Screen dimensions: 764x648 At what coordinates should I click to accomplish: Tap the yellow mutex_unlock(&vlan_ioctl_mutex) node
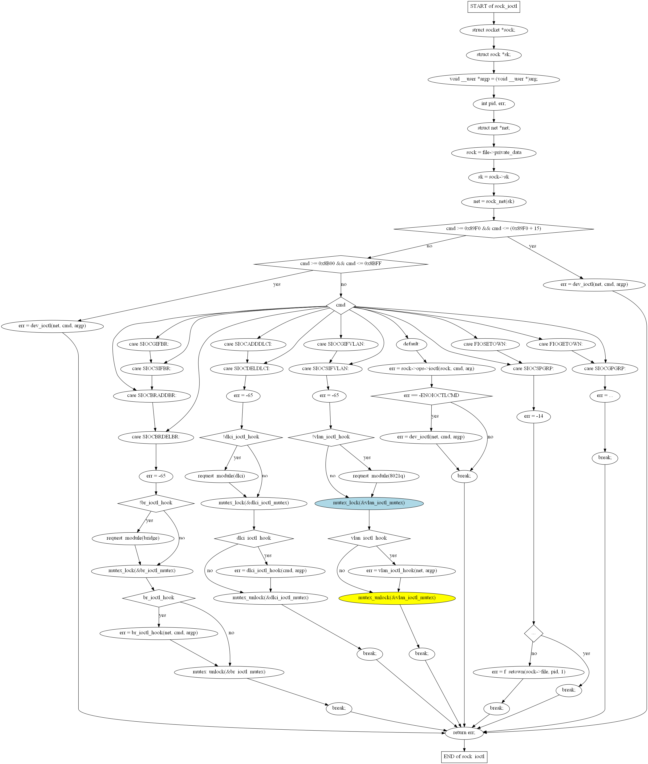(x=397, y=598)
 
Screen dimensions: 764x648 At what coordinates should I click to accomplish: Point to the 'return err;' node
(x=464, y=732)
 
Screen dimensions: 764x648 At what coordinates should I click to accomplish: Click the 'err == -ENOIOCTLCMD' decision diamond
(x=431, y=396)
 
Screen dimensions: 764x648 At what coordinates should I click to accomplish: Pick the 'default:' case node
(x=411, y=344)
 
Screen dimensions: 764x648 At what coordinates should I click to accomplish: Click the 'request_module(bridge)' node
(x=133, y=538)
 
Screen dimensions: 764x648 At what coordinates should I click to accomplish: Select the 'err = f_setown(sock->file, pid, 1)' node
(x=528, y=672)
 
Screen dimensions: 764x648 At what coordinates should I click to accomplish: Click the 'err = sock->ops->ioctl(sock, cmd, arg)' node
(x=431, y=369)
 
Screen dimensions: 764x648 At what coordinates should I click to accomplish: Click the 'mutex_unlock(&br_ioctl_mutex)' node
(x=229, y=672)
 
